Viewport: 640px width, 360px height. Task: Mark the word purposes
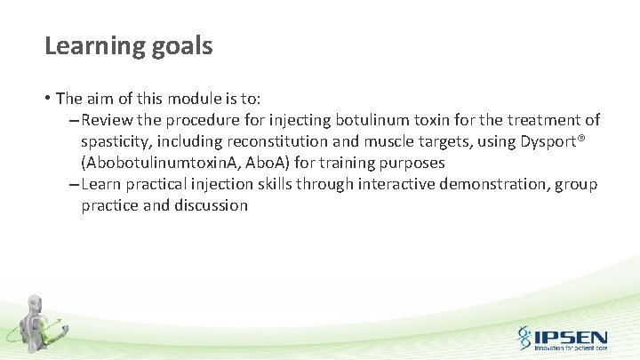[412, 163]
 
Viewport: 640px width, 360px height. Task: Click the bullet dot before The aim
[48, 99]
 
